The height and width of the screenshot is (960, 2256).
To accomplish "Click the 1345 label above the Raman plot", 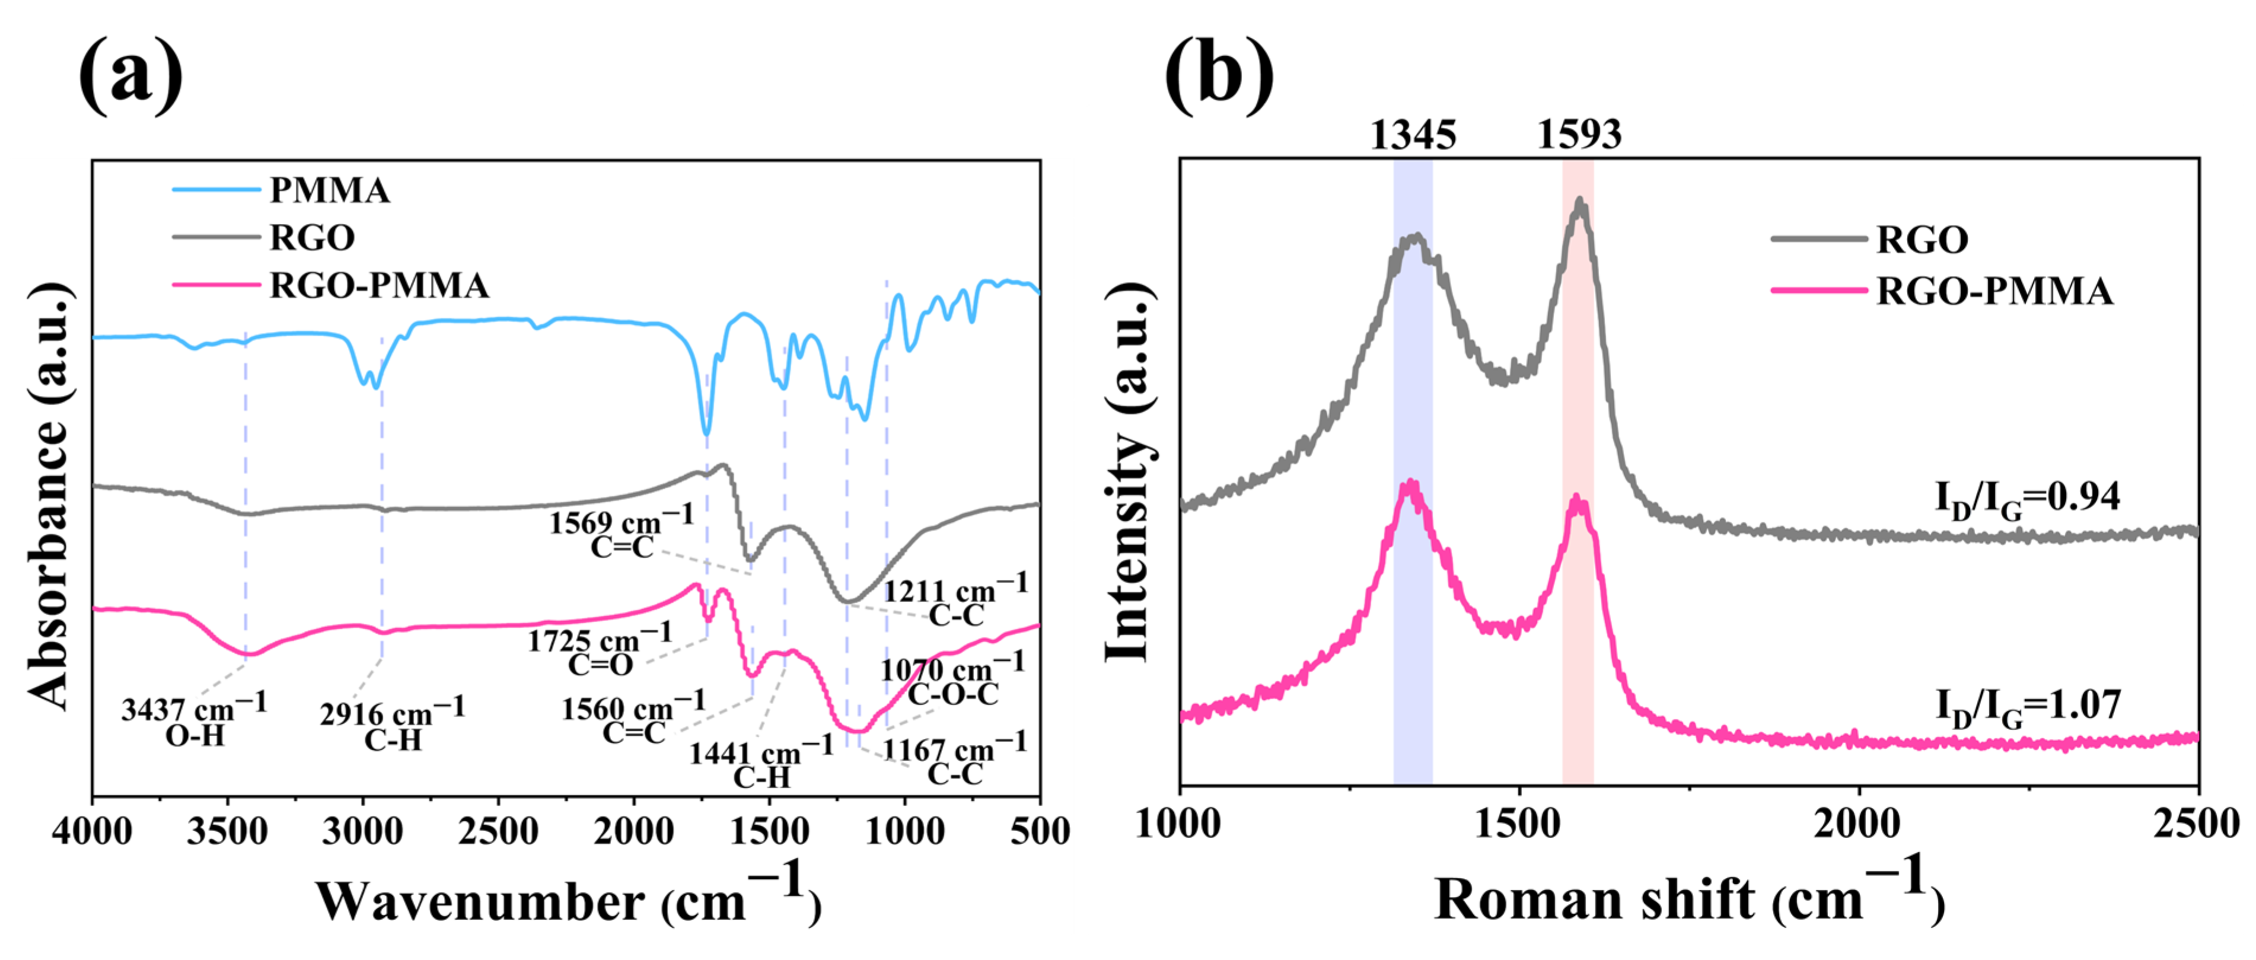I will (1413, 135).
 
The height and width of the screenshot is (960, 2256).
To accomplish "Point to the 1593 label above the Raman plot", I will (1579, 135).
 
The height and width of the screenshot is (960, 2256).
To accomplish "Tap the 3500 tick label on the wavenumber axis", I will (227, 830).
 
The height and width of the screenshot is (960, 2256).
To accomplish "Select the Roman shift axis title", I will (1688, 898).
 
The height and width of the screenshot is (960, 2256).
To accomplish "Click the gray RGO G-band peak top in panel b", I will (1580, 202).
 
